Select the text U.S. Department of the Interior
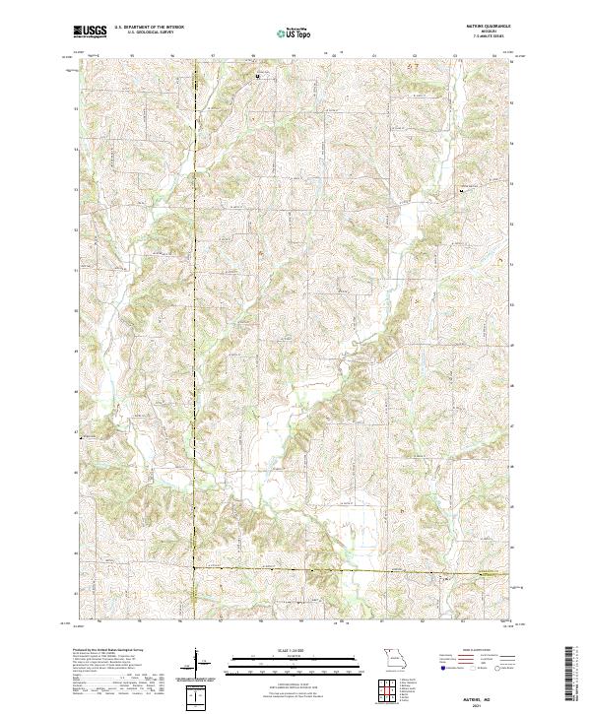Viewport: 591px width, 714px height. click(x=148, y=28)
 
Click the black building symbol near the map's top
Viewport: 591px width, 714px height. click(x=259, y=75)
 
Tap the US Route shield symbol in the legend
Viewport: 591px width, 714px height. click(x=470, y=669)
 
